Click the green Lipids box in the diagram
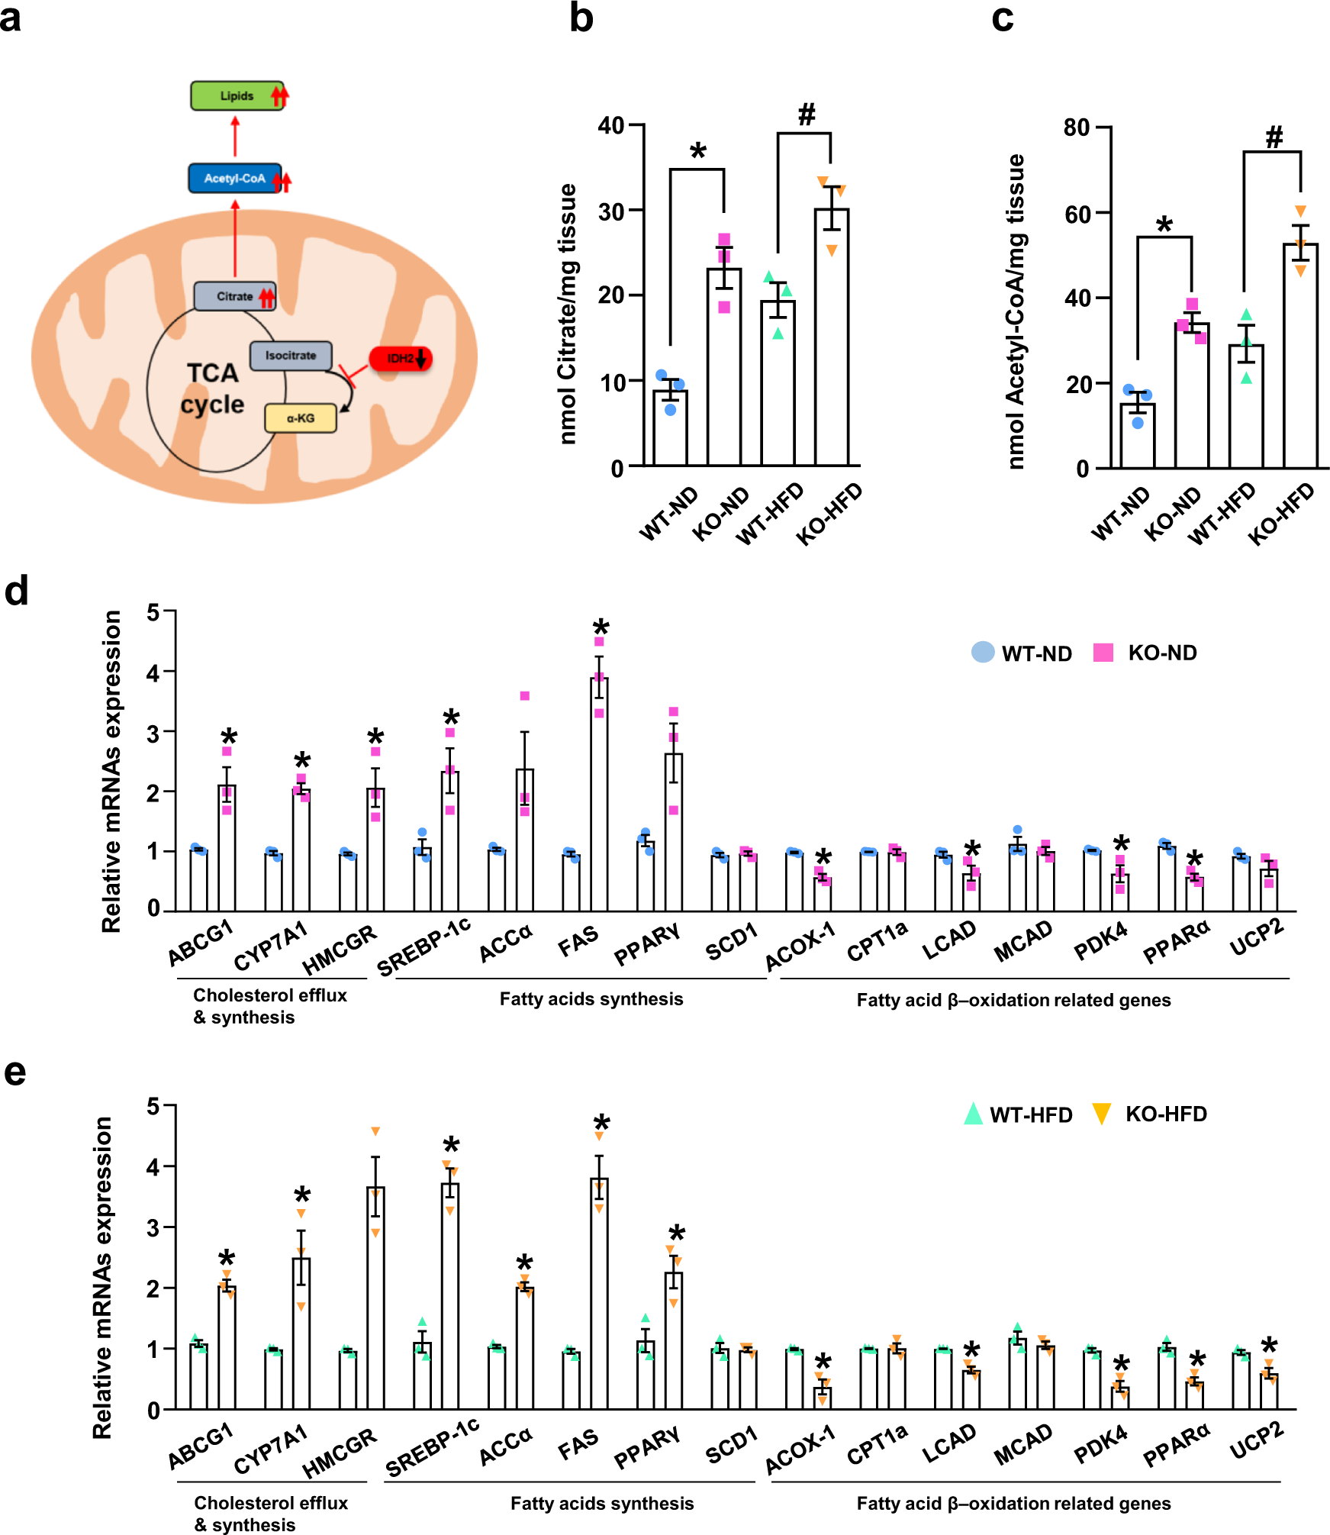click(237, 96)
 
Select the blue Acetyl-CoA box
click(235, 179)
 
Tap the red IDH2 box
click(400, 358)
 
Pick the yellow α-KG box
click(301, 418)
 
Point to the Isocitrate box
click(291, 356)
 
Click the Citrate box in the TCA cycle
click(234, 296)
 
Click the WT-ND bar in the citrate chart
click(670, 427)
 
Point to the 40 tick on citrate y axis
click(613, 124)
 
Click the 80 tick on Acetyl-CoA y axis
click(1077, 127)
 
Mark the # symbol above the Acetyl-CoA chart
click(1274, 137)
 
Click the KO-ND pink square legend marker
click(1103, 653)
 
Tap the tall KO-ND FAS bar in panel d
click(599, 794)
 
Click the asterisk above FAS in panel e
click(602, 1123)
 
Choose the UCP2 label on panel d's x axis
click(1256, 938)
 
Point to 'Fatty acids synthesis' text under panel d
click(591, 999)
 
